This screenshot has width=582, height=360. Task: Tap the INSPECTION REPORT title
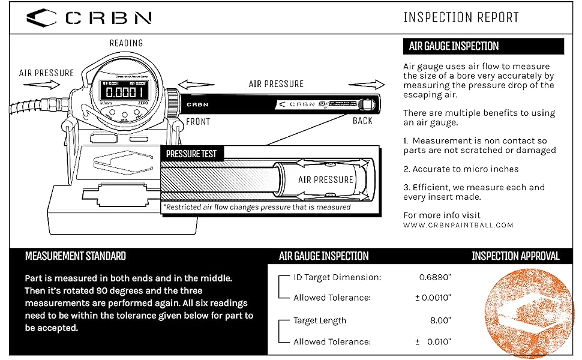click(461, 17)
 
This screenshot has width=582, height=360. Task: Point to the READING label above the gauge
click(126, 43)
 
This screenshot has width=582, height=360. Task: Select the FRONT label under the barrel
click(198, 121)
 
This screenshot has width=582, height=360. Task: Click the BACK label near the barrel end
click(362, 121)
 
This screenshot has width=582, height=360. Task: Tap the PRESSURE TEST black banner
click(191, 154)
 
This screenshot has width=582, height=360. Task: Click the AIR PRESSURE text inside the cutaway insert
click(326, 179)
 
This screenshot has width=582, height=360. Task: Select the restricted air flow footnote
click(257, 207)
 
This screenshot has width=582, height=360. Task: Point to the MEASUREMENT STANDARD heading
click(76, 256)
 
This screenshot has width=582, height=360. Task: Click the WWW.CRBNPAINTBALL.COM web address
click(458, 225)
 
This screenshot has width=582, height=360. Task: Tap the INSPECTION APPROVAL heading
click(515, 256)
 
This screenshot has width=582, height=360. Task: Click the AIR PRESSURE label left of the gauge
click(46, 73)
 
